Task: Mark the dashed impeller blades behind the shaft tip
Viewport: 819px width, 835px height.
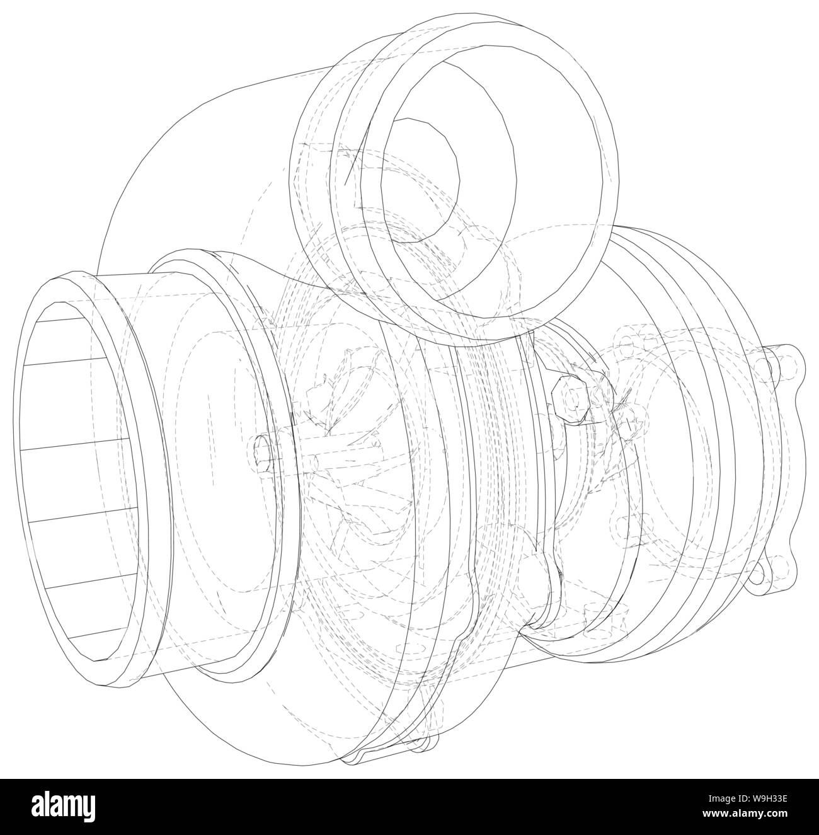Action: tap(340, 403)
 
